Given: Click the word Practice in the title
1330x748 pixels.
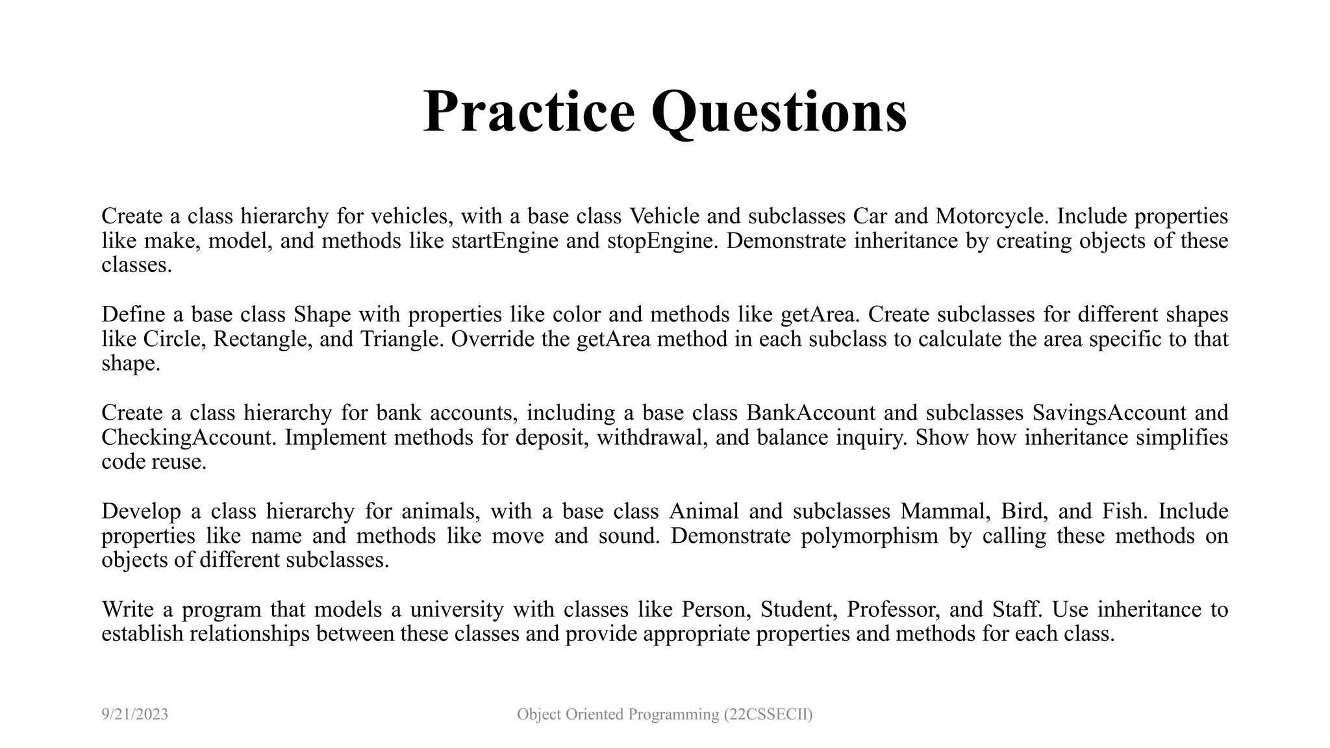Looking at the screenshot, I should click(529, 112).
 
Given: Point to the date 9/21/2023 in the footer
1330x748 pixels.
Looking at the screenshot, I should click(135, 715).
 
